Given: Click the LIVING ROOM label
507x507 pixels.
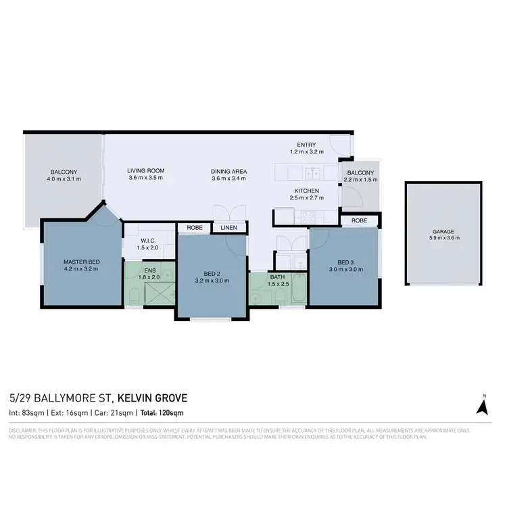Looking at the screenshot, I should click(x=146, y=170).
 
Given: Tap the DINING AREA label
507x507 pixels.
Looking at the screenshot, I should click(x=229, y=171).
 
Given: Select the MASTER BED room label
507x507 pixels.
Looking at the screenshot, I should click(x=82, y=261).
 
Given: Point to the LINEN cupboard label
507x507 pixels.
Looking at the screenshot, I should click(x=228, y=228).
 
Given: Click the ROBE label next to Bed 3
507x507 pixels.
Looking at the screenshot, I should click(x=359, y=220).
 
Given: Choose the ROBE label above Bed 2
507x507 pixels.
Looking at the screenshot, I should click(x=194, y=228).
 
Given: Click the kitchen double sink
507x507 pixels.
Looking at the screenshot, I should click(x=313, y=171).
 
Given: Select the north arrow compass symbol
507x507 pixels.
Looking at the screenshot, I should click(x=483, y=406).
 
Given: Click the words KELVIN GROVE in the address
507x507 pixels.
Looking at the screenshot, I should click(x=153, y=398).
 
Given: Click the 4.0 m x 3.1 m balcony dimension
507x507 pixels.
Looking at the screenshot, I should click(x=64, y=178).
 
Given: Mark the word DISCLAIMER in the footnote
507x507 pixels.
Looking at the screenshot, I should click(x=24, y=431).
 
